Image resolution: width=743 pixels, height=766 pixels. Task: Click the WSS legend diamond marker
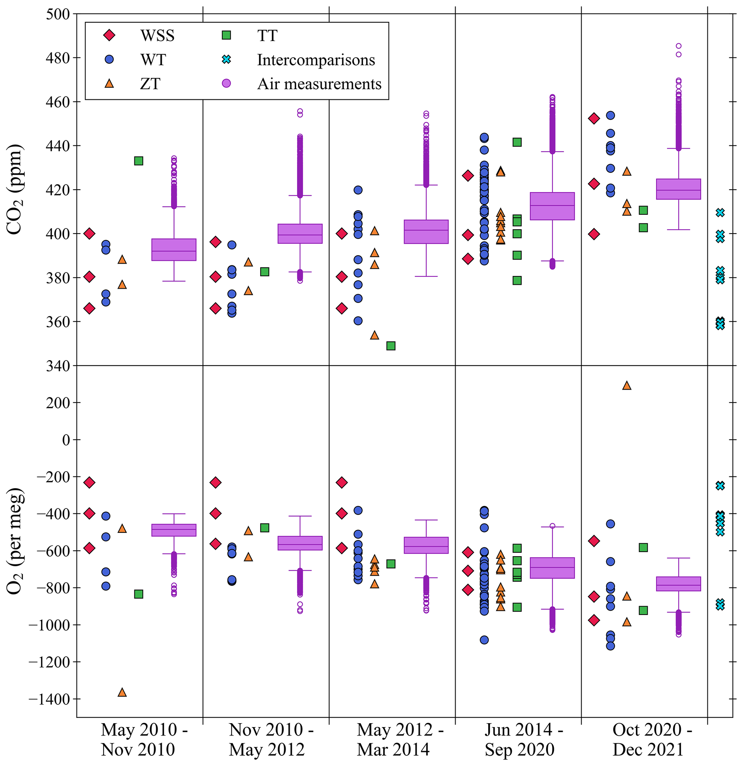point(109,36)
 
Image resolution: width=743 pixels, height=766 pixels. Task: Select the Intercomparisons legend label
point(316,60)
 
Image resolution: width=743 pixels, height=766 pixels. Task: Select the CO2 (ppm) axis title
point(15,190)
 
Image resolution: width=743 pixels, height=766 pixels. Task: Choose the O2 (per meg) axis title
point(15,541)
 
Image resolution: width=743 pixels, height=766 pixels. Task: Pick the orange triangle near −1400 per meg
point(122,692)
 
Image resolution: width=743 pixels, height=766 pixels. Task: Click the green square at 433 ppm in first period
point(139,161)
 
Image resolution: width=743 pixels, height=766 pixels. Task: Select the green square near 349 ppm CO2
point(391,346)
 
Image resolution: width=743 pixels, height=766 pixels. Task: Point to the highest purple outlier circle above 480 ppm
point(679,46)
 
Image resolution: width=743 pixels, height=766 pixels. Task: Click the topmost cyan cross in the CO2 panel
point(720,213)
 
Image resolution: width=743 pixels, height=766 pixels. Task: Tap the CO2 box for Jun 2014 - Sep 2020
point(552,206)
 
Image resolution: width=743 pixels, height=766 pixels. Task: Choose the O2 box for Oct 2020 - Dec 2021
point(679,584)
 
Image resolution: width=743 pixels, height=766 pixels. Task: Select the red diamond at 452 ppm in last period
point(594,119)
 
